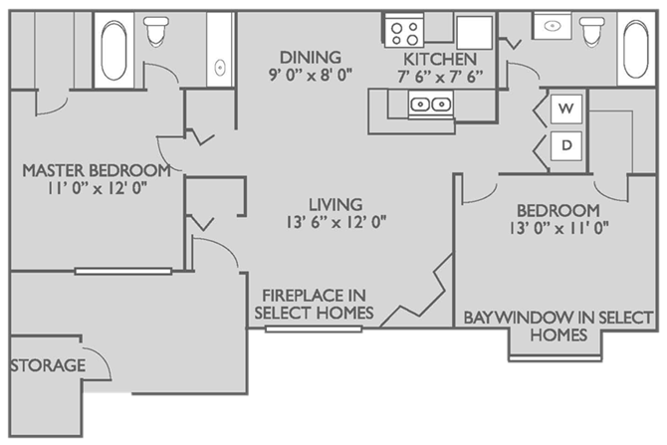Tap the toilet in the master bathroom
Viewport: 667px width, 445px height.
click(x=155, y=34)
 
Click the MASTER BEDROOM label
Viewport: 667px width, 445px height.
click(x=96, y=169)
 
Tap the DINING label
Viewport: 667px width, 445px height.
click(x=311, y=58)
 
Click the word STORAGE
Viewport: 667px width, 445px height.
click(x=48, y=365)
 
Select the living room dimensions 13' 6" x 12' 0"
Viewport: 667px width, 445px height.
click(x=334, y=221)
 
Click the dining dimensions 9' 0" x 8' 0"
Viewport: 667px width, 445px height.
click(x=311, y=76)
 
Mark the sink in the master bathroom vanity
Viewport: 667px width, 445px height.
click(x=219, y=67)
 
